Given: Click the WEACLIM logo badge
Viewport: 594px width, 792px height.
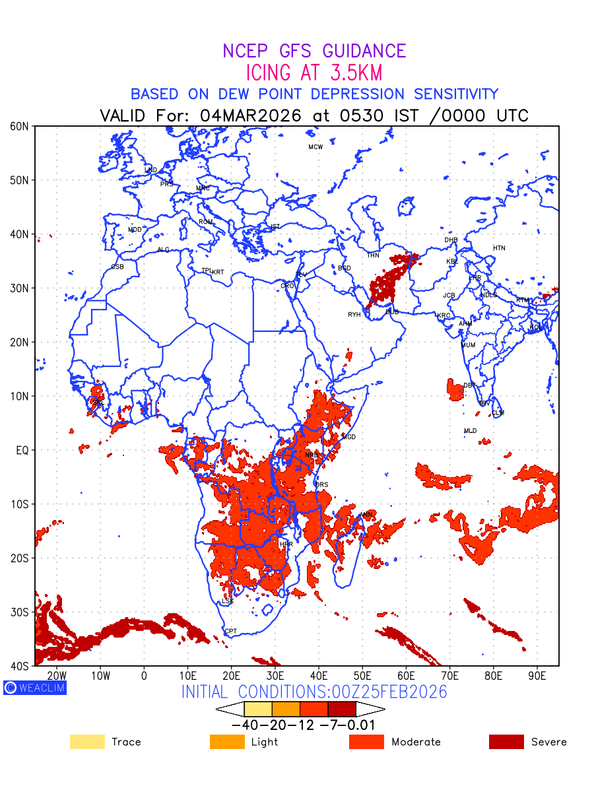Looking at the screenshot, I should coord(34,688).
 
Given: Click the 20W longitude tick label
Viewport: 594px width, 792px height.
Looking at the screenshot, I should coord(57,676).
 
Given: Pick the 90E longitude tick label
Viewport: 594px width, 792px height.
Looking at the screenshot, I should coord(537,676).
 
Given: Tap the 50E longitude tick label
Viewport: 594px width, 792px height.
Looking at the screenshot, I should coord(362,676).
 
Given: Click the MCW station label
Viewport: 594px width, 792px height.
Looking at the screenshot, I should coord(315,147).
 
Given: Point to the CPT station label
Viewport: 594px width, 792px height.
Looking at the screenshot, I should coord(230,632).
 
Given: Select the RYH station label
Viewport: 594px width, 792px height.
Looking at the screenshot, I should coord(354,315).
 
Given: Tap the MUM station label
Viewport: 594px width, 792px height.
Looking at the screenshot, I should coord(468,345).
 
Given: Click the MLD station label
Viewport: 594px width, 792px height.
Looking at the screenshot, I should coord(470,431).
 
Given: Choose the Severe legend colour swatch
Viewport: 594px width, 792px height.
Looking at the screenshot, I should coord(506,742).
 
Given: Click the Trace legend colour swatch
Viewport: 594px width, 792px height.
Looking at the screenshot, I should coord(87,742).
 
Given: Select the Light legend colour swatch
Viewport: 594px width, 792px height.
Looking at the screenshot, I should coord(227,742).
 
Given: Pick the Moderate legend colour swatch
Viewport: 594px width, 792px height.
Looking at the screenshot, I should coord(366,742).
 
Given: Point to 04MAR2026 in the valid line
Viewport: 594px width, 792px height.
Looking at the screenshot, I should coord(251,115).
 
